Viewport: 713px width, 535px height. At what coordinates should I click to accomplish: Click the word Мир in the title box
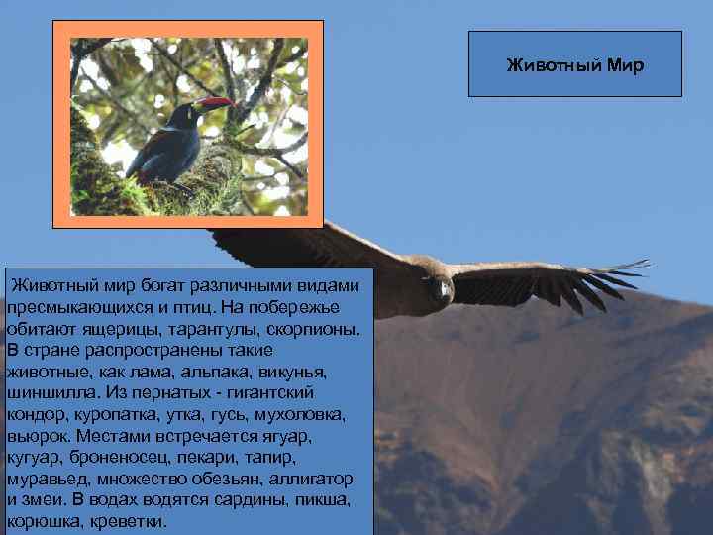click(624, 66)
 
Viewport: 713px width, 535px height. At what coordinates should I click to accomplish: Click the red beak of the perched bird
click(215, 102)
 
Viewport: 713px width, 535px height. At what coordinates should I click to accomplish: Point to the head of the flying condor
click(441, 289)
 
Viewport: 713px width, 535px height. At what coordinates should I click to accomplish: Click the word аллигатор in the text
click(310, 481)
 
